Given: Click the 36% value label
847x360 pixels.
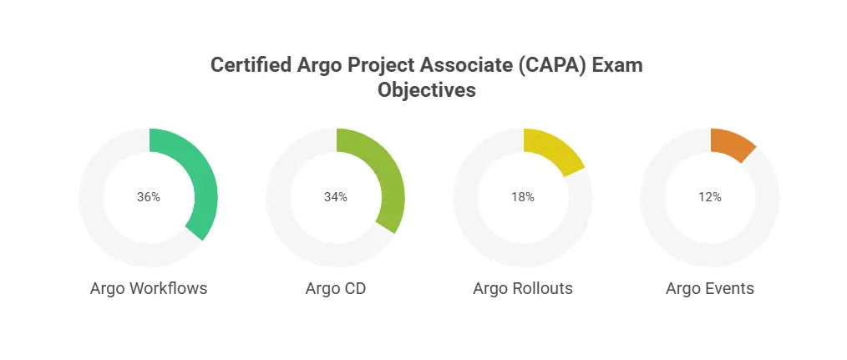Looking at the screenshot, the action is pyautogui.click(x=149, y=197).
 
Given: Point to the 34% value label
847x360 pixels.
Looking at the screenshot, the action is pyautogui.click(x=336, y=197).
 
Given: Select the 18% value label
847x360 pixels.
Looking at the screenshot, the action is pyautogui.click(x=523, y=197).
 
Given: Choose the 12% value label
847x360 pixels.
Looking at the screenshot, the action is pyautogui.click(x=710, y=197).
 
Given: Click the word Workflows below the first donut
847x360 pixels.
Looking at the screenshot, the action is pyautogui.click(x=169, y=289).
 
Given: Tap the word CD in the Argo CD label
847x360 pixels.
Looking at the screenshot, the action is pyautogui.click(x=355, y=289).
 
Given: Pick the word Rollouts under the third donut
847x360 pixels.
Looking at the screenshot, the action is pyautogui.click(x=544, y=289).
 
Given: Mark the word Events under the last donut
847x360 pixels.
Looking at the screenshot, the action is pyautogui.click(x=731, y=289).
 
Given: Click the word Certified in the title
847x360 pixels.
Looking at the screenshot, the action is pyautogui.click(x=251, y=65).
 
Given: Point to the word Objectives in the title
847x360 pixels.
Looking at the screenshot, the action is pyautogui.click(x=427, y=89).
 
